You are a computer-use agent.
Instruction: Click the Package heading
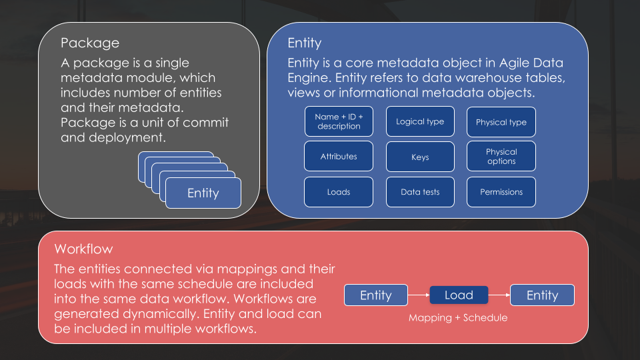click(90, 43)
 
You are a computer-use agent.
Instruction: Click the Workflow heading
click(84, 249)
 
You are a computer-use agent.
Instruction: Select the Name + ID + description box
click(339, 121)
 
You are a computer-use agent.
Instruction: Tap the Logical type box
click(420, 121)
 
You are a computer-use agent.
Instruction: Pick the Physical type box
click(501, 122)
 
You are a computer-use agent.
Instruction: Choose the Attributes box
click(339, 157)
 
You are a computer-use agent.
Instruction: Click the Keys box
click(420, 157)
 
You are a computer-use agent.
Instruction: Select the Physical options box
click(501, 157)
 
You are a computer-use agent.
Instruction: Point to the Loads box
click(339, 192)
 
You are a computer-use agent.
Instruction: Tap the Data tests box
click(420, 192)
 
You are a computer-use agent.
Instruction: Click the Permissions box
click(501, 192)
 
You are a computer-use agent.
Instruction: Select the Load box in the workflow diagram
click(459, 295)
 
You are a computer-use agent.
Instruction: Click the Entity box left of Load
click(376, 295)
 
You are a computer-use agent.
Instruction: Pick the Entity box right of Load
click(542, 295)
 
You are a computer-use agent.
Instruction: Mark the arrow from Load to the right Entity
click(499, 295)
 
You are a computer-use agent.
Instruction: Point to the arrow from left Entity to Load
click(418, 295)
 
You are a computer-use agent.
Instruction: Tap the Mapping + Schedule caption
click(458, 318)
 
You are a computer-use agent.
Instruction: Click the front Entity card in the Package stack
click(203, 193)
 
